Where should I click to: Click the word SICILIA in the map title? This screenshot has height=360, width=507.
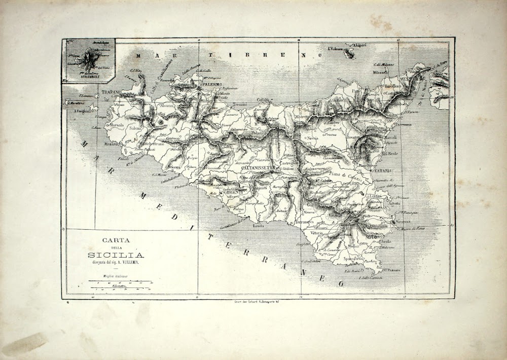pyautogui.click(x=115, y=255)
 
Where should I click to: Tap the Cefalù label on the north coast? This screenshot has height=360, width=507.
pyautogui.click(x=263, y=100)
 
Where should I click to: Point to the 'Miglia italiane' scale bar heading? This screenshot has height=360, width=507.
pyautogui.click(x=116, y=276)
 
